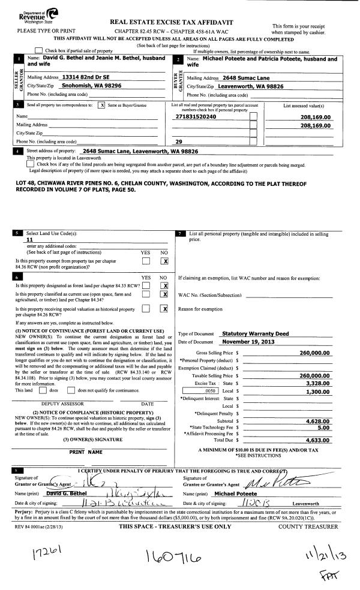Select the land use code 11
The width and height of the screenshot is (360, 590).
pos(22,239)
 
